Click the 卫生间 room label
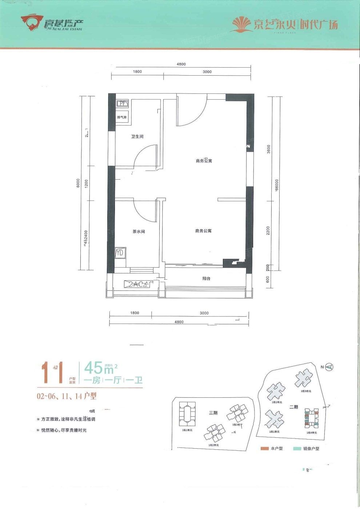tap(137, 137)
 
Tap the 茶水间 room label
tap(139, 231)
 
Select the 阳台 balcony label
tap(206, 278)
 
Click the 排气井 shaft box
tap(122, 117)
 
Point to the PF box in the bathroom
tap(122, 103)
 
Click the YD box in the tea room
tap(120, 252)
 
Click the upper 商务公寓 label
tap(204, 161)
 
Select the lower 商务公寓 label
tap(203, 231)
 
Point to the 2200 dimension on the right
tap(268, 231)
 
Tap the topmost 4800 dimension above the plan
tap(181, 64)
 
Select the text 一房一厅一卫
tap(113, 381)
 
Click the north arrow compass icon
tap(329, 367)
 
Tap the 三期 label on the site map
tap(213, 413)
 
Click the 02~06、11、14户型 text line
tap(66, 397)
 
